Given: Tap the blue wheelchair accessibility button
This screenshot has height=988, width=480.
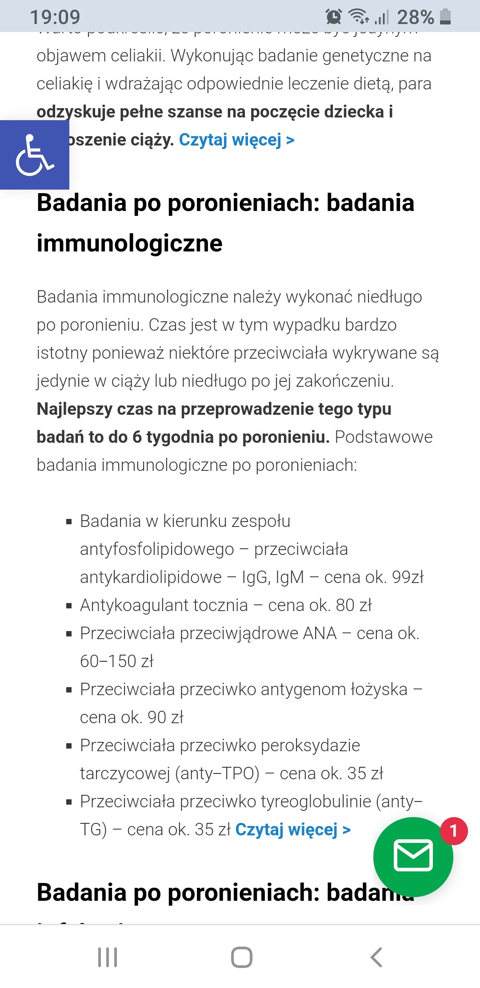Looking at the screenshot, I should click(x=35, y=155).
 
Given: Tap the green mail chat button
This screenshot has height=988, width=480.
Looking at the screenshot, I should click(x=413, y=856).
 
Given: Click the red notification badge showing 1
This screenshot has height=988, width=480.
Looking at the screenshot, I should click(x=454, y=830).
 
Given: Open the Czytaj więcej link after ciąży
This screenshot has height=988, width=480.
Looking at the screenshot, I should click(x=236, y=140).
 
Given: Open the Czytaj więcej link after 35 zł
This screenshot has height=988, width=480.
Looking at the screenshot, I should click(x=293, y=830).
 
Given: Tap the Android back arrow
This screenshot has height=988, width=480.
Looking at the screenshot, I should click(x=376, y=957).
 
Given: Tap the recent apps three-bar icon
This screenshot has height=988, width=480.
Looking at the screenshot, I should click(x=108, y=957).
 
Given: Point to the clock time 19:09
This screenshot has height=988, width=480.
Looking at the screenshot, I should click(x=55, y=17).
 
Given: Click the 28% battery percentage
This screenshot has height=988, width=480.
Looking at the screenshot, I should click(x=415, y=17).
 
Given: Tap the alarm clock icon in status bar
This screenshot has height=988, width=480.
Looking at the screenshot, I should click(x=333, y=16).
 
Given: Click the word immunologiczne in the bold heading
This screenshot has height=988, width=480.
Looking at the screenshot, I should click(x=129, y=243).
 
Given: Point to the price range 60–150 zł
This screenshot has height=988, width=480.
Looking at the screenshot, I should click(x=116, y=661).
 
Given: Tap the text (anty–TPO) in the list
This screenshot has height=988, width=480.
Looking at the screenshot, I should click(x=217, y=773).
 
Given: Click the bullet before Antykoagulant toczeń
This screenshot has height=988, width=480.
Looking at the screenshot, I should click(x=69, y=606).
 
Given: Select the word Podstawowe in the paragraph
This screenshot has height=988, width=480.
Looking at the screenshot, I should click(x=384, y=437).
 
